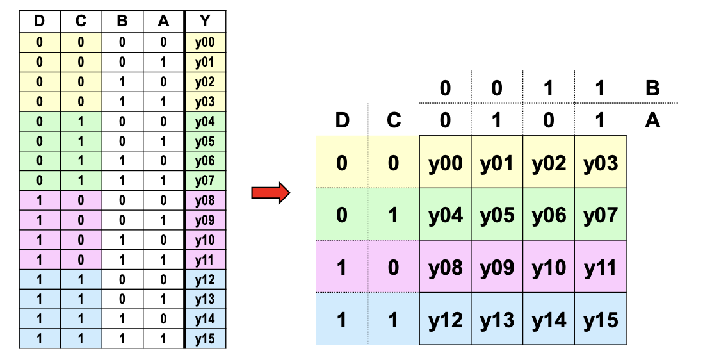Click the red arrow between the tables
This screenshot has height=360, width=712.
(271, 193)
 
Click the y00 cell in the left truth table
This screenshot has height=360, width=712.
(206, 43)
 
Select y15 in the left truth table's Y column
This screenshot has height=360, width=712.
(206, 339)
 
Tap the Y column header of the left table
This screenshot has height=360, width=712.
(206, 21)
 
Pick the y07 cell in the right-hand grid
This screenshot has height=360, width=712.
(601, 215)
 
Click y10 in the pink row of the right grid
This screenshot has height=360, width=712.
(549, 267)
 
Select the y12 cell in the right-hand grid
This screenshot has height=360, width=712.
(446, 319)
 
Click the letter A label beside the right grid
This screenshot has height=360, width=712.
(652, 120)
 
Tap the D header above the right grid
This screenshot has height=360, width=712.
(342, 120)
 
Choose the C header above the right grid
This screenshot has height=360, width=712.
(394, 120)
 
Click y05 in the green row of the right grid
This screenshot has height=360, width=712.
(498, 215)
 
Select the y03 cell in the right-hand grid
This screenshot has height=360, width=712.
(601, 162)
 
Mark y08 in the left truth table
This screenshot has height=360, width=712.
(206, 200)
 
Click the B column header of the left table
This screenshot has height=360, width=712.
(122, 21)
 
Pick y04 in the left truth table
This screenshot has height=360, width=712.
(206, 122)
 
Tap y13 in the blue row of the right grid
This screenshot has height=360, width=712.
(498, 319)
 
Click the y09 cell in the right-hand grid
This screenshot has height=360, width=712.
(498, 267)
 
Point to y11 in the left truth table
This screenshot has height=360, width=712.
(206, 260)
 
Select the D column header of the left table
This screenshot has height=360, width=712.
(40, 21)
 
